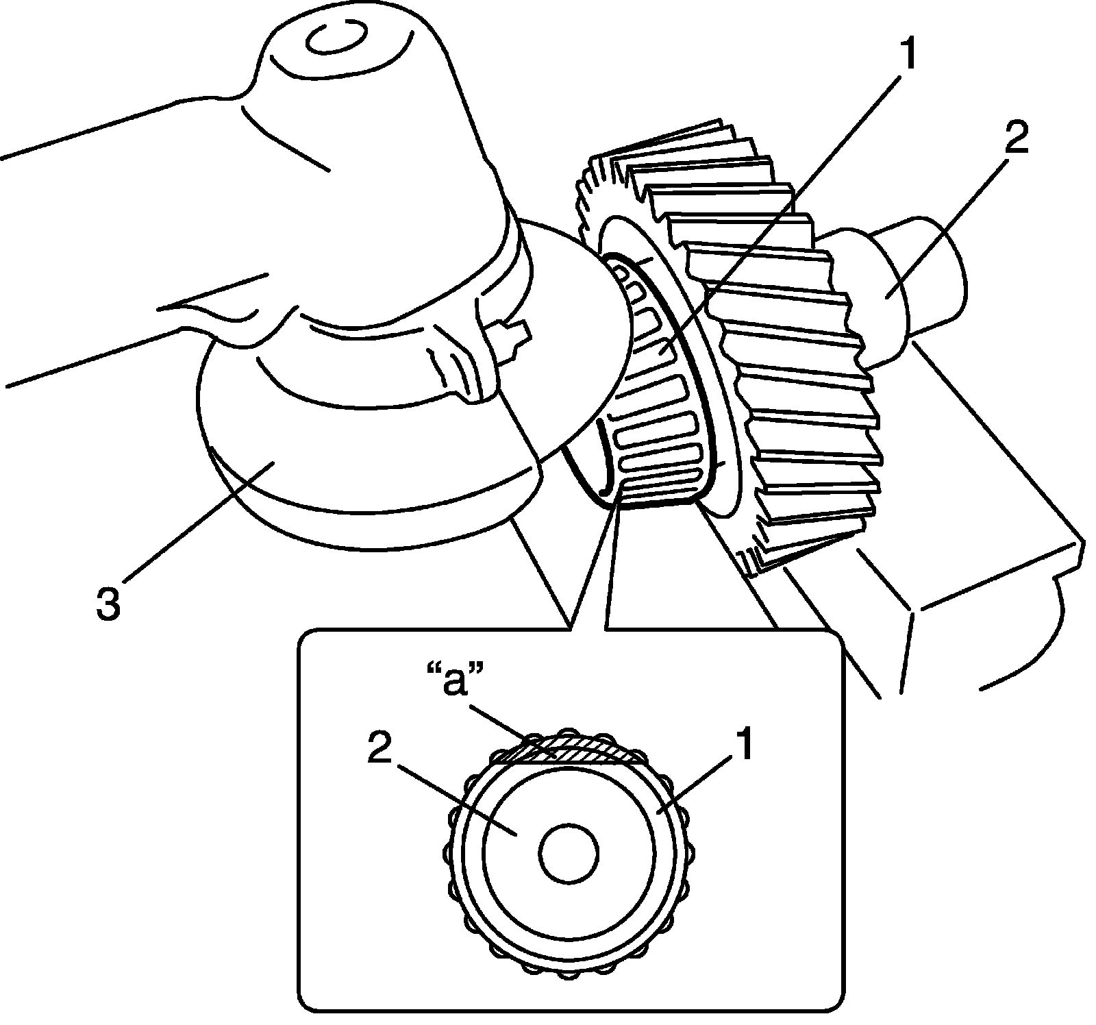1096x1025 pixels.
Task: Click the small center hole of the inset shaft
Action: pos(569,853)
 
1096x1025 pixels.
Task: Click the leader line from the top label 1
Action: pos(788,206)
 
